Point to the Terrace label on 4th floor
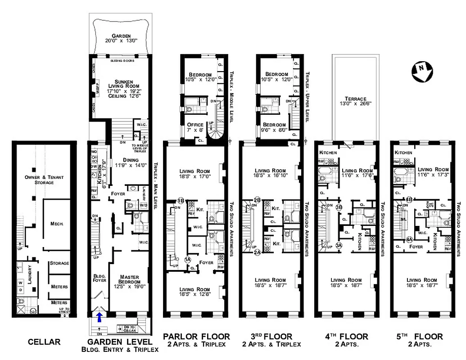(x=356, y=101)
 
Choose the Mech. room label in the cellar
(x=57, y=223)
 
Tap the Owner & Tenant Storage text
(x=44, y=180)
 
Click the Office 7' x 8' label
(x=195, y=127)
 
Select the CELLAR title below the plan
(x=44, y=342)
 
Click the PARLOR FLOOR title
(x=196, y=337)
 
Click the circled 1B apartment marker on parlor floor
(x=181, y=200)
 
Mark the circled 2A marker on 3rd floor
(x=258, y=252)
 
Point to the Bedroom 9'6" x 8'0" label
(x=275, y=127)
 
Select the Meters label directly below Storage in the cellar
(x=59, y=287)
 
